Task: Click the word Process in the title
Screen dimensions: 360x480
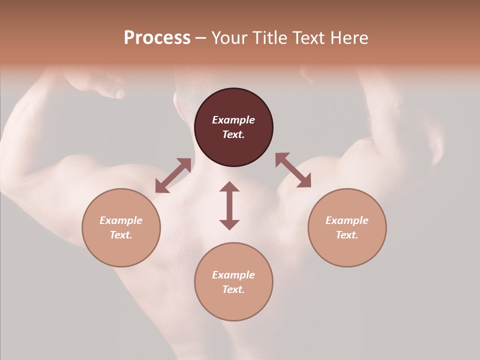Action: (x=157, y=38)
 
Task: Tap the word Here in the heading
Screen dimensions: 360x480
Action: (x=348, y=38)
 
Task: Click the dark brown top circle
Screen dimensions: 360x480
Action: (x=233, y=127)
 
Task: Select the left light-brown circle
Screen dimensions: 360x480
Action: (x=121, y=227)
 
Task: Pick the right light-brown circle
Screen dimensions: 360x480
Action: (x=347, y=227)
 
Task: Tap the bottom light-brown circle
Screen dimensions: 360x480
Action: (x=233, y=281)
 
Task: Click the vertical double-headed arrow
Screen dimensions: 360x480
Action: (x=229, y=205)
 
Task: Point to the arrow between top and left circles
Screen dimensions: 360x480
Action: (x=173, y=175)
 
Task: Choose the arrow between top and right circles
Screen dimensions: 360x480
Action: (x=293, y=170)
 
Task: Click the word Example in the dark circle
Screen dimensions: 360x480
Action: (x=233, y=120)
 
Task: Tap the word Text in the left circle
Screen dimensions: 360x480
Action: (x=121, y=235)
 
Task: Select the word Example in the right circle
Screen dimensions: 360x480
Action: (x=347, y=220)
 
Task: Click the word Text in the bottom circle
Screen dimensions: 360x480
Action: (x=233, y=289)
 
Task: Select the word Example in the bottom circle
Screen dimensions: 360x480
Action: (x=233, y=275)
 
